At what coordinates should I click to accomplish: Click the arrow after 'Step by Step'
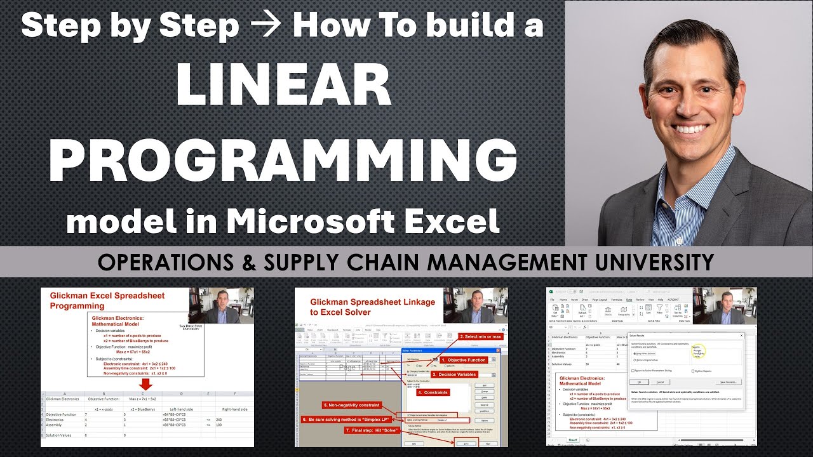(266, 25)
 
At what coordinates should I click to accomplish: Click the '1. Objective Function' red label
(467, 360)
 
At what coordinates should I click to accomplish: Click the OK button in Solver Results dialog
(639, 381)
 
